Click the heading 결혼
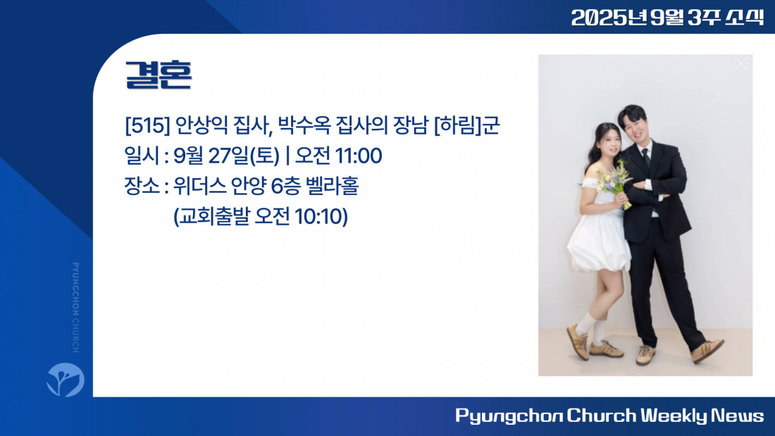[x=158, y=75]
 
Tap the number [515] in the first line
[x=147, y=125]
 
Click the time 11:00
[x=359, y=156]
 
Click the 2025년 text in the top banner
[x=609, y=18]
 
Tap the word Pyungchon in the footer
[x=509, y=416]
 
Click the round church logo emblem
[x=66, y=380]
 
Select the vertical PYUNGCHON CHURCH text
[x=75, y=308]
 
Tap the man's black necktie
[x=645, y=159]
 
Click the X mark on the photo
[x=741, y=64]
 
